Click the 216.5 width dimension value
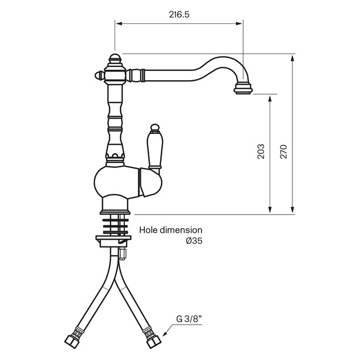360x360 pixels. pos(179,15)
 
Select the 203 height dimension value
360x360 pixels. pos(261,151)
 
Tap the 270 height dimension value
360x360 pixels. pos(283,152)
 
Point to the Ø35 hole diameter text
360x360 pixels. pos(194,241)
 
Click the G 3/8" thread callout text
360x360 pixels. pos(189,319)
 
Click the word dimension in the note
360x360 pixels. pos(181,230)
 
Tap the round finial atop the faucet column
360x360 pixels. pos(115,58)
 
